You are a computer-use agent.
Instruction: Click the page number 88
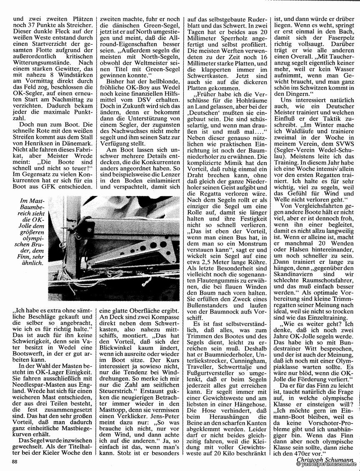click(x=15, y=461)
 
